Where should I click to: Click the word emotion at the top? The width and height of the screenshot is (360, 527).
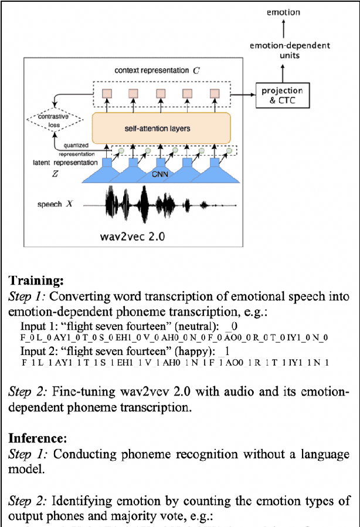283,12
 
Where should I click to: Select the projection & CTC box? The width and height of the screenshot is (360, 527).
282,95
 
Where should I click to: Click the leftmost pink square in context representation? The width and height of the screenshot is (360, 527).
107,93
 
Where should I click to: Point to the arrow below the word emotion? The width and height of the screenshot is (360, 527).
284,27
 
